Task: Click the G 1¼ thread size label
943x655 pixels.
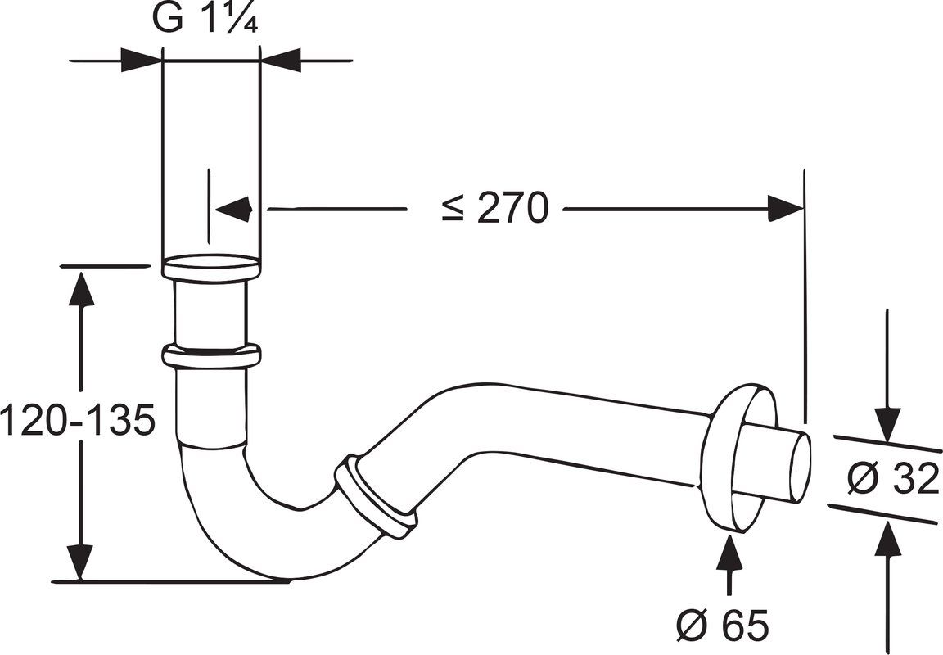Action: point(205,20)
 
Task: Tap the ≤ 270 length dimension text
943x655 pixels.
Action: point(495,208)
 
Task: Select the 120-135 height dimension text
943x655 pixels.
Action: point(78,419)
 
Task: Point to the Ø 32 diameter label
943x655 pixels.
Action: point(893,479)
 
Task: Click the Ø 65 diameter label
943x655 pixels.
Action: point(722,625)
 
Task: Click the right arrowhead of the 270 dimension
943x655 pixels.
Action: point(785,209)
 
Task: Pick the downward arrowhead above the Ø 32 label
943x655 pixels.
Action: point(887,426)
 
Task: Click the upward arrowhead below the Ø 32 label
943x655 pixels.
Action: point(887,540)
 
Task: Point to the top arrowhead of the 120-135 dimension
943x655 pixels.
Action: point(80,289)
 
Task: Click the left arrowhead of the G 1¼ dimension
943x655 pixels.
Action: point(142,60)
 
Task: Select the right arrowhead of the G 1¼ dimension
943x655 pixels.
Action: point(280,60)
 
